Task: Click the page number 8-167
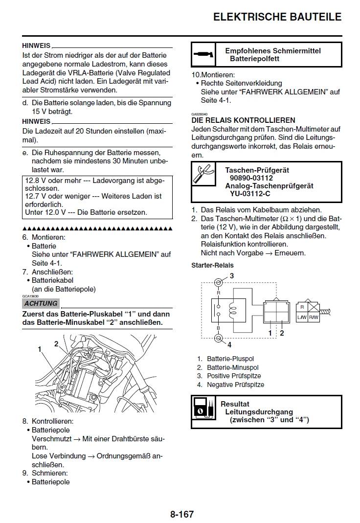tap(182, 514)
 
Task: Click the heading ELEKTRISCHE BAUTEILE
tap(277, 17)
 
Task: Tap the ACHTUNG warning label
tap(41, 303)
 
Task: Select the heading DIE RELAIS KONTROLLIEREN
tap(243, 120)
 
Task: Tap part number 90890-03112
tap(251, 178)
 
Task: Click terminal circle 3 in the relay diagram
tap(219, 282)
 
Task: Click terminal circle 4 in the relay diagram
tap(219, 338)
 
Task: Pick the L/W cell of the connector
tap(302, 318)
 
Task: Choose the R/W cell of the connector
tap(313, 318)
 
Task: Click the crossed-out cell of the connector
tap(313, 307)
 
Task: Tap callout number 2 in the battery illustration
tap(56, 343)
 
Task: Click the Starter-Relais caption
tap(212, 265)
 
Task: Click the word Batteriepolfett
tap(254, 59)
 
